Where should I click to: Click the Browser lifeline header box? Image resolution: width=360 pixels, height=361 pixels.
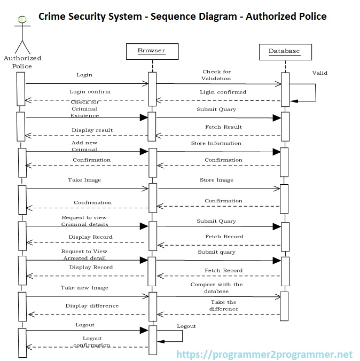tap(152, 51)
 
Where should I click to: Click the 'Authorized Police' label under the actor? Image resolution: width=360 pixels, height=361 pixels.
tap(22, 62)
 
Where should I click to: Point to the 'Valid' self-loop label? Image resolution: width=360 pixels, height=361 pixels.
tap(319, 73)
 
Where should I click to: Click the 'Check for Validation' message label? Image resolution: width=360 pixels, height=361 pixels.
tap(216, 75)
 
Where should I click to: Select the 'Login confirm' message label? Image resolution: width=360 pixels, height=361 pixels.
tap(90, 92)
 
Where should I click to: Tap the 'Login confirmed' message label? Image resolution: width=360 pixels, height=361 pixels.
tap(223, 92)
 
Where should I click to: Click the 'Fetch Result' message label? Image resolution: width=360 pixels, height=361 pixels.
tap(223, 127)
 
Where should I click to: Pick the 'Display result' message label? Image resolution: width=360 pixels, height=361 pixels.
tap(92, 130)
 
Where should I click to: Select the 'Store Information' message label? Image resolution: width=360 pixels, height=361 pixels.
tap(216, 144)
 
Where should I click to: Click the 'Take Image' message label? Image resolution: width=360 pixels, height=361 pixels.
tap(84, 180)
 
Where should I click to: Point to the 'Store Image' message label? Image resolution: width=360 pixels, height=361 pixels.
tap(216, 180)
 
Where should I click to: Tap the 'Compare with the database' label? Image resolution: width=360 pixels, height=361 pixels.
tap(216, 288)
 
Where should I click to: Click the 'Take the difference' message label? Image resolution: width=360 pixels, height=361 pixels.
tap(223, 305)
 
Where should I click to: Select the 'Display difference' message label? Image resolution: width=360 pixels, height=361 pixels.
tap(92, 306)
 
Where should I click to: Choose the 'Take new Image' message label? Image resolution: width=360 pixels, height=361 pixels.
tap(84, 288)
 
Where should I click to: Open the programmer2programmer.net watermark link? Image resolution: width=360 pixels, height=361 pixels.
tap(264, 354)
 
